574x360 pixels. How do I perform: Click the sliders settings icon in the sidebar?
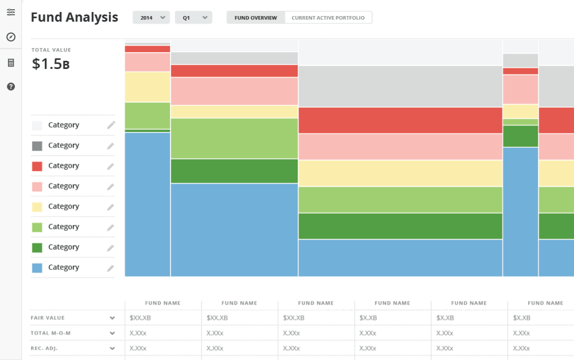[x=11, y=12]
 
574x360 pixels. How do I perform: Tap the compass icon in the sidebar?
[x=11, y=37]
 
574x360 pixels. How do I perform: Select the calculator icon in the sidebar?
[x=11, y=63]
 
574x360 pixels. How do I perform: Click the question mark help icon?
[x=11, y=87]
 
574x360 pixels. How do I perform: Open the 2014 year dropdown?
[x=151, y=18]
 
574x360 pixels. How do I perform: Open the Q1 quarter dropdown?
[x=193, y=18]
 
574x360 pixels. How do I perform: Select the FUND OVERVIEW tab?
[x=255, y=18]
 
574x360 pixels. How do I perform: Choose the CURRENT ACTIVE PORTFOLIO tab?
[x=328, y=18]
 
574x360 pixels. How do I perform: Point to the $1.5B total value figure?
[x=51, y=64]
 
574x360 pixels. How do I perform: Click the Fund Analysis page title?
[x=74, y=17]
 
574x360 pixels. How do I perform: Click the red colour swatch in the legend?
[x=37, y=167]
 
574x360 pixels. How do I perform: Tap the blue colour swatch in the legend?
[x=37, y=268]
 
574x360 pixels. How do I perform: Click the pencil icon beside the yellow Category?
[x=111, y=207]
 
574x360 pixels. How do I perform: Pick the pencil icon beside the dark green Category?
[x=111, y=247]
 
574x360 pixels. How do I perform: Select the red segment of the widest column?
[x=401, y=120]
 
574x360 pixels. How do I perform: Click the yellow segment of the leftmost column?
[x=148, y=87]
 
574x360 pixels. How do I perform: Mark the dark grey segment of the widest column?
[x=401, y=87]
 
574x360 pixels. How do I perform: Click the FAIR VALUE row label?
[x=48, y=318]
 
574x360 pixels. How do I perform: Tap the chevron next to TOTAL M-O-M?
[x=113, y=333]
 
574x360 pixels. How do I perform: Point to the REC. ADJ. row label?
[x=44, y=349]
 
